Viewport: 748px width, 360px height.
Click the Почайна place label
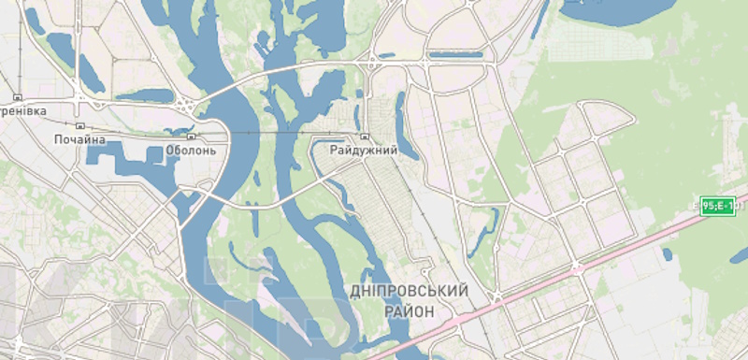click(79, 140)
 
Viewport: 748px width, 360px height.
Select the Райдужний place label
click(364, 150)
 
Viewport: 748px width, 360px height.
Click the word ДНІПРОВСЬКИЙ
click(408, 293)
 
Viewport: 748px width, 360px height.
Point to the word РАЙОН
click(409, 311)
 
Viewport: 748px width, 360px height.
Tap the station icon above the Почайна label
click(79, 125)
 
